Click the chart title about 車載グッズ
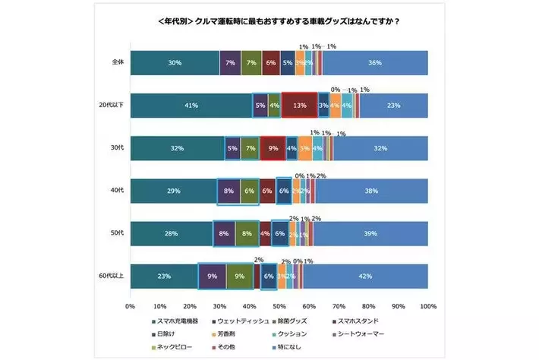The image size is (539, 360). [x=270, y=21]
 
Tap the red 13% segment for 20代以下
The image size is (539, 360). [x=299, y=106]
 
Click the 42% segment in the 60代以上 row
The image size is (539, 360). [x=365, y=276]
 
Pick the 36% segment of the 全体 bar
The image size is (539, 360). [x=374, y=63]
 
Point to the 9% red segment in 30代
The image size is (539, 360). [x=273, y=148]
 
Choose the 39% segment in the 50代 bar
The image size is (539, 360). [x=370, y=234]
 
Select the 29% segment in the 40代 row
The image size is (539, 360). [x=173, y=191]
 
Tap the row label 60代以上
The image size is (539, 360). [x=111, y=276]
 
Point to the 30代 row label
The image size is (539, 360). [x=116, y=148]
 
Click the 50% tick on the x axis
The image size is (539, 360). [x=279, y=306]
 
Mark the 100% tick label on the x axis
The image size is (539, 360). [x=427, y=306]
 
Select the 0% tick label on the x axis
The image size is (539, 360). [x=130, y=306]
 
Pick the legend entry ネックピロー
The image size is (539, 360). [x=175, y=346]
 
